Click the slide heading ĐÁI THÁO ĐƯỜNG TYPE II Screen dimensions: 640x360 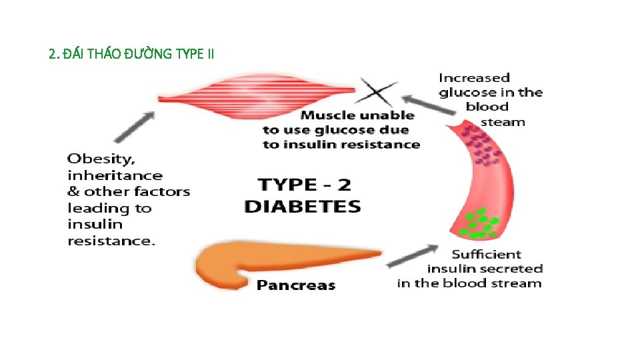(x=131, y=54)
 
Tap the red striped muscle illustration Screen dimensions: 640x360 (x=256, y=94)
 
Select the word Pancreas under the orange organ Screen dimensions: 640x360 (x=296, y=285)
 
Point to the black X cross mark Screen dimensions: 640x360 (x=379, y=91)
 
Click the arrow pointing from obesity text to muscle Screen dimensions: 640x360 (x=136, y=126)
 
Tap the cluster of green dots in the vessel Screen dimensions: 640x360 (x=481, y=224)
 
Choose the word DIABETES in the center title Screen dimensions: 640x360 (x=303, y=206)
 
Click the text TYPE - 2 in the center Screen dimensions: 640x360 (x=304, y=184)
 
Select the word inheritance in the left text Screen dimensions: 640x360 (x=115, y=175)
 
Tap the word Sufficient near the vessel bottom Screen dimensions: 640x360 (x=486, y=254)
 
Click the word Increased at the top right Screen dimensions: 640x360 (x=474, y=78)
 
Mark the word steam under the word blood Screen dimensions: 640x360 (x=503, y=122)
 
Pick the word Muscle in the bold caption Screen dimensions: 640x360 (x=328, y=115)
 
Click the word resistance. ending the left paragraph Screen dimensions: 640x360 (x=111, y=241)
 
